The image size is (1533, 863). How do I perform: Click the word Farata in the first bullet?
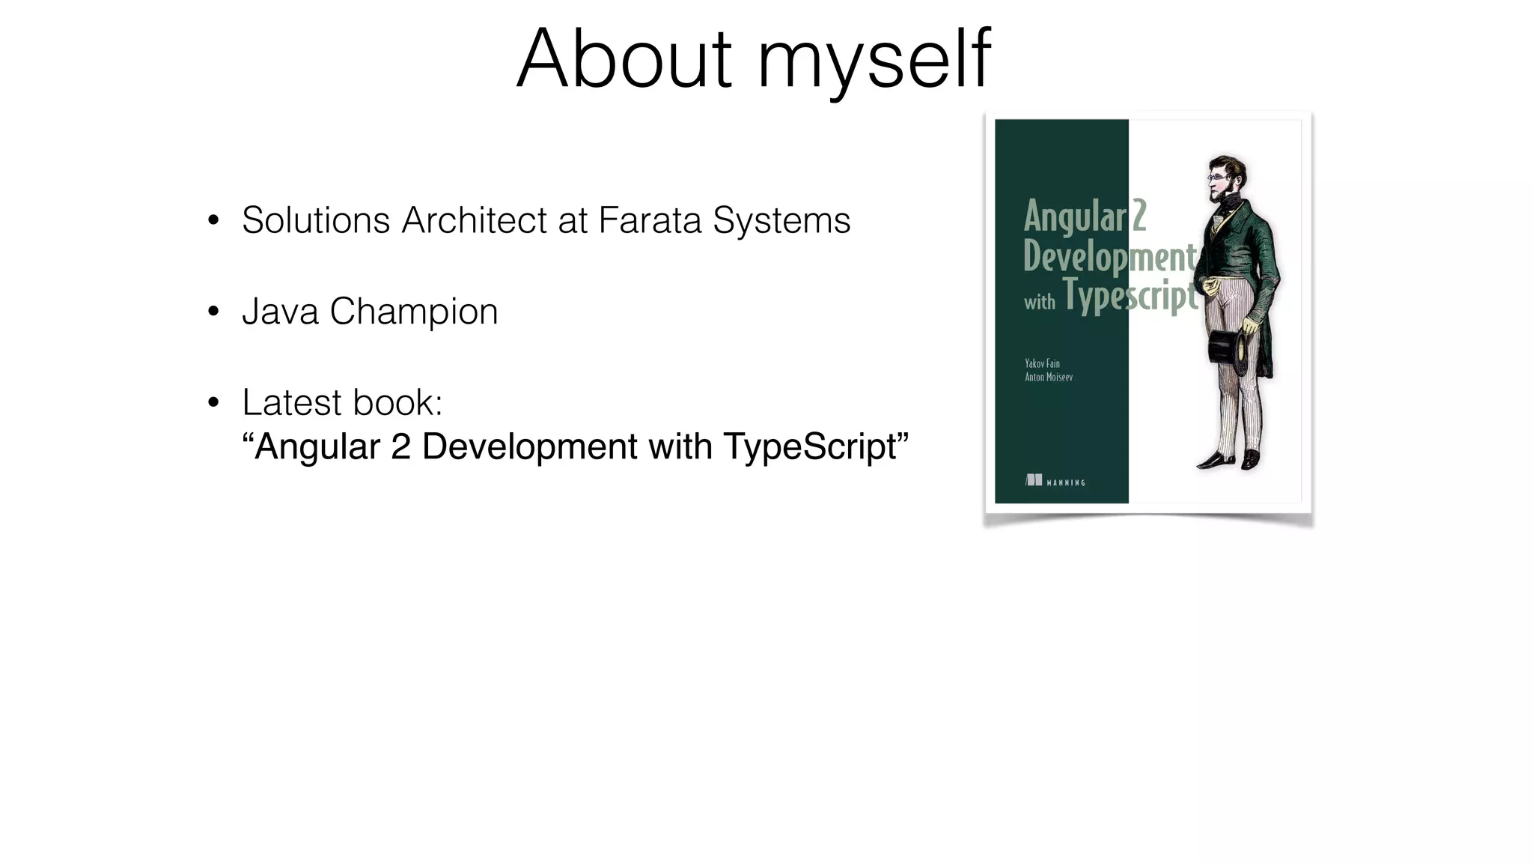650,220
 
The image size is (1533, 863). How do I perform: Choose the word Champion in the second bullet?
413,312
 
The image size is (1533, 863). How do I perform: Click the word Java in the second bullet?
280,312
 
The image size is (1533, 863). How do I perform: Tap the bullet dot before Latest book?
213,403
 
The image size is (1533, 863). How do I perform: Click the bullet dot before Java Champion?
213,312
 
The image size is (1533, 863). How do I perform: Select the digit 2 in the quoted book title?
400,446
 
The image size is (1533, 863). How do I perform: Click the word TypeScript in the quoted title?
811,447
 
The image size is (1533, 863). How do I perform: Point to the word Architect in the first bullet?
474,220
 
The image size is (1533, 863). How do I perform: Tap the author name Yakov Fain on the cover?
1042,363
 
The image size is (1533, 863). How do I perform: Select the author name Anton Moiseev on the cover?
1048,377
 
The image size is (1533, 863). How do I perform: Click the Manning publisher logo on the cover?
1055,481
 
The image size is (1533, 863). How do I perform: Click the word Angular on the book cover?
1074,217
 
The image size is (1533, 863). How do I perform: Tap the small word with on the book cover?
1039,303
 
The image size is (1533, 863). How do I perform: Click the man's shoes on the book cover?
1231,458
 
